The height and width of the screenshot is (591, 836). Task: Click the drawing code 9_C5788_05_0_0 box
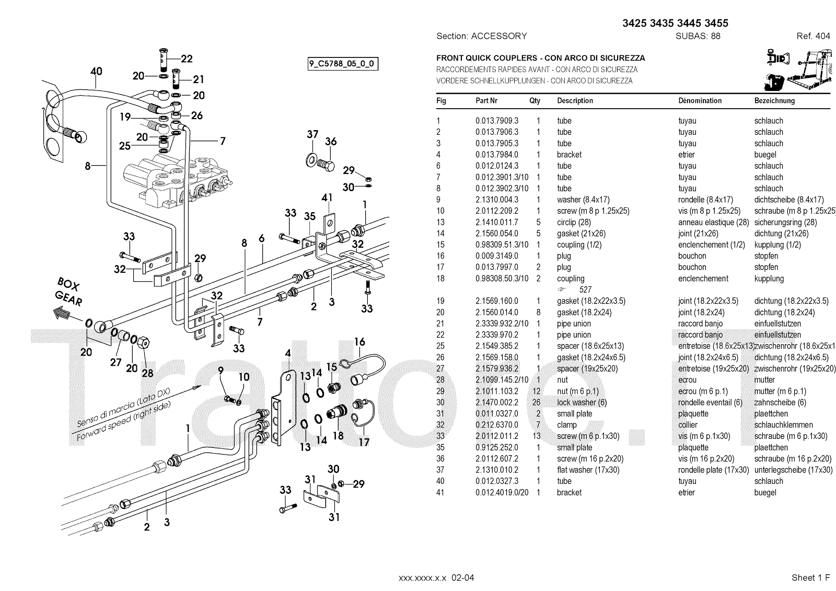coord(343,64)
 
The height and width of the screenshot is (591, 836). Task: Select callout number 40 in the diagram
coord(96,72)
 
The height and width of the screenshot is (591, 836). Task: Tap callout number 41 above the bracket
coord(327,198)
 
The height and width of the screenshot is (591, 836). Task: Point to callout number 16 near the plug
coord(359,342)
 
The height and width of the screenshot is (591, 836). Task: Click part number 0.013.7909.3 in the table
coord(496,121)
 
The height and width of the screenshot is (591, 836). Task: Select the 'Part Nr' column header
coord(486,100)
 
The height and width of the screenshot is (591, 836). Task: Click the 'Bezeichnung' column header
coord(774,100)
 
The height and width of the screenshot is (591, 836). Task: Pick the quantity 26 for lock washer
coord(538,402)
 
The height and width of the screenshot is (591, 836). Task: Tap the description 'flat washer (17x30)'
coord(588,470)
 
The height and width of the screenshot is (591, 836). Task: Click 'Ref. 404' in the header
coord(813,36)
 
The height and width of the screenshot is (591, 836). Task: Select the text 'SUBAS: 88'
coord(698,36)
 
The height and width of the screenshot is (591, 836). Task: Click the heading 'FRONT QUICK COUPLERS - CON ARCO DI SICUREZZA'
coord(540,58)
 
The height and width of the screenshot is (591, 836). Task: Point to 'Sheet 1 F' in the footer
coord(810,577)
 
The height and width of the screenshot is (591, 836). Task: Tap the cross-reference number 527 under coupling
coord(585,289)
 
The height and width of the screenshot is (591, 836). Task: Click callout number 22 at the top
coord(187,59)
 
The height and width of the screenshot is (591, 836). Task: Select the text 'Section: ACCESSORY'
coord(481,36)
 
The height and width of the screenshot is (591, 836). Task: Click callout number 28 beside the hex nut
coord(148,373)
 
